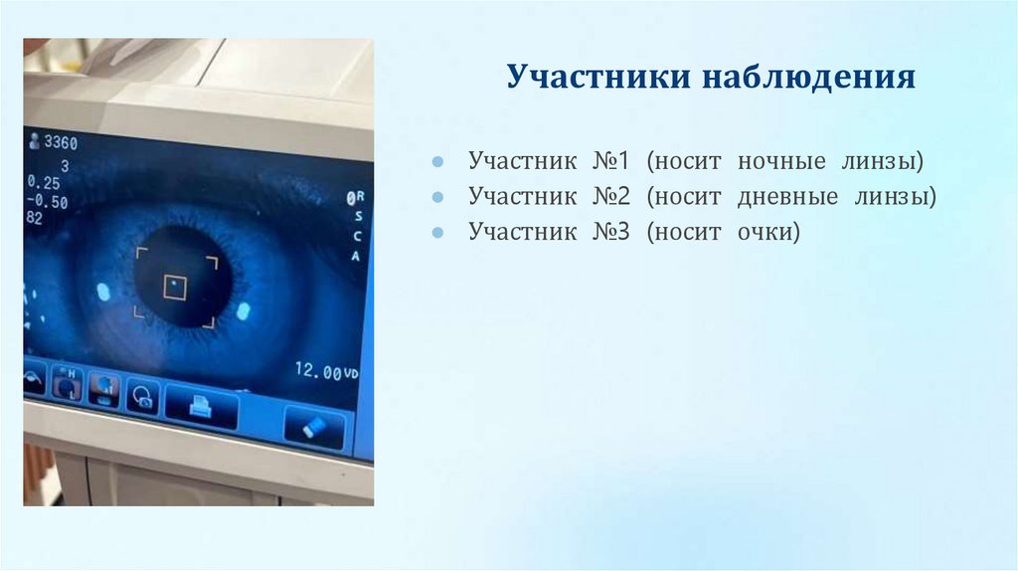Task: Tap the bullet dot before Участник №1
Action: [x=437, y=162]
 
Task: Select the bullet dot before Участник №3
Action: [x=437, y=234]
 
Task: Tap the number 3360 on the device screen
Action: [x=61, y=143]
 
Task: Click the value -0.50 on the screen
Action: [x=47, y=202]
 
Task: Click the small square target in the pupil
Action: [x=176, y=287]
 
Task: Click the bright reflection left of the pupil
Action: [x=102, y=291]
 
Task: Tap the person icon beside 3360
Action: [x=36, y=141]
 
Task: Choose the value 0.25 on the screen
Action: [x=44, y=183]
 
